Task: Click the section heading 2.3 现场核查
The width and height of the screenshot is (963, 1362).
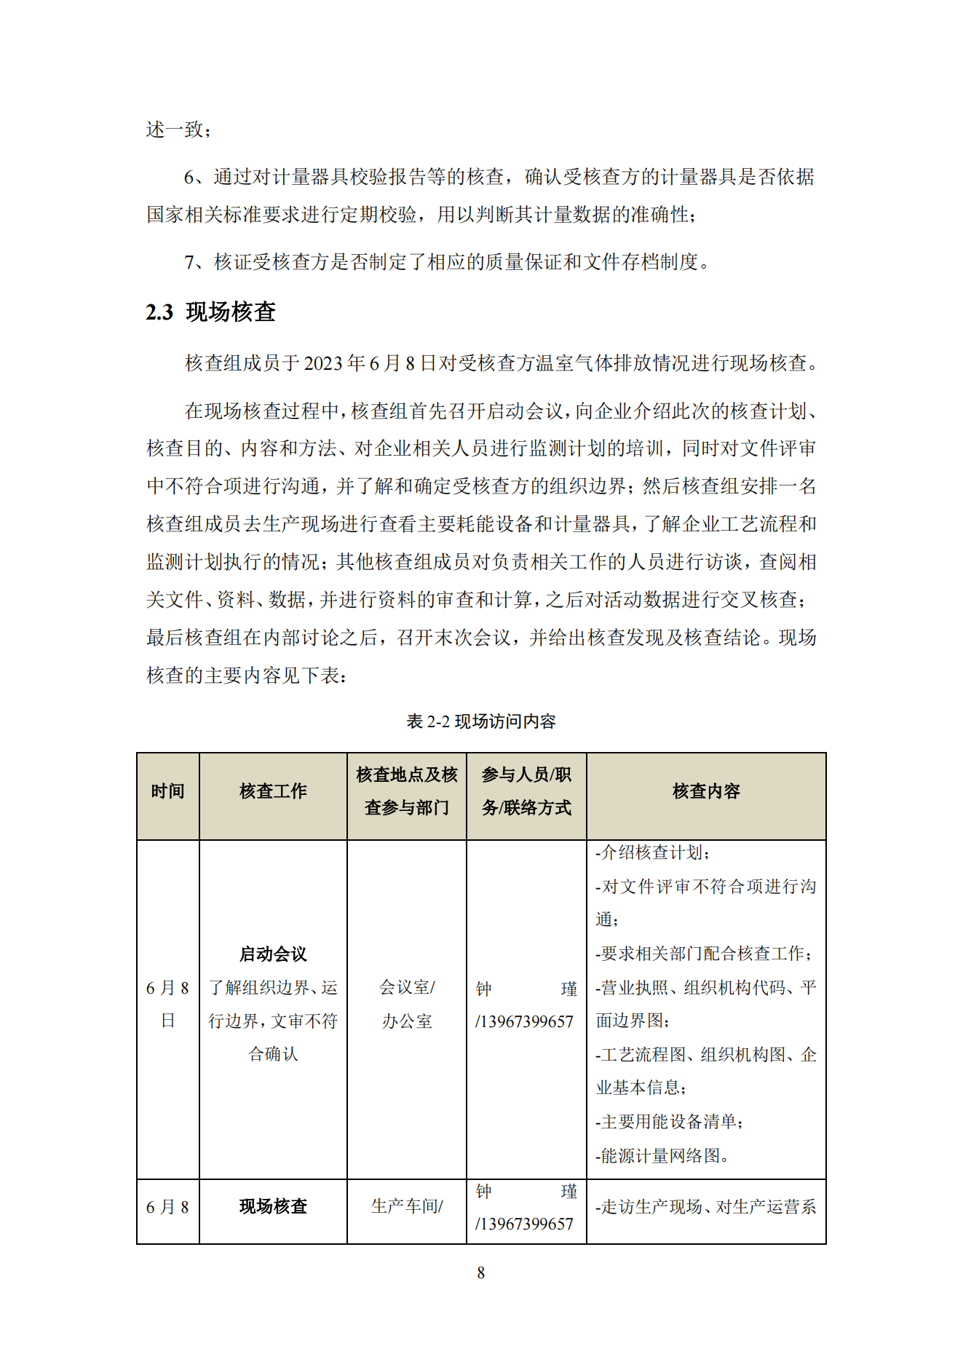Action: [x=210, y=312]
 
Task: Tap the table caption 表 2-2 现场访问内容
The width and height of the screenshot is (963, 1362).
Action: [x=480, y=721]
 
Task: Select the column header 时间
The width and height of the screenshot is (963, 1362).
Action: [x=167, y=791]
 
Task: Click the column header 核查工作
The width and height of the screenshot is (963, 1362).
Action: [x=273, y=791]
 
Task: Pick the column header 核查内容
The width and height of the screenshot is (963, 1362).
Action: [x=705, y=791]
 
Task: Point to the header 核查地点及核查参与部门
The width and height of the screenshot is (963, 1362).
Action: [x=406, y=791]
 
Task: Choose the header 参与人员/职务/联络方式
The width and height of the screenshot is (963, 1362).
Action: [x=526, y=791]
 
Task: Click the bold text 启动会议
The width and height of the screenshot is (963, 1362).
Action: [x=273, y=954]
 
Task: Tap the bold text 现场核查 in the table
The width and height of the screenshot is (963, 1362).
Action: [x=273, y=1206]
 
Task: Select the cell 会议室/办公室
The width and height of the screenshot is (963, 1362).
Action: [x=406, y=1004]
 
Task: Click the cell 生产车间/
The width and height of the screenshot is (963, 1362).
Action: [x=406, y=1206]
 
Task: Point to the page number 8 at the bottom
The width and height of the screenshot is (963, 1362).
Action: [x=480, y=1272]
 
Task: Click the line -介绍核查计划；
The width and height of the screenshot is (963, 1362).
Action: [x=652, y=852]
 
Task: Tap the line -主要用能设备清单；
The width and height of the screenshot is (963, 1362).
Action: [x=669, y=1122]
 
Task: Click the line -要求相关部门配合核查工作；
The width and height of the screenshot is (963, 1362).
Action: [x=704, y=954]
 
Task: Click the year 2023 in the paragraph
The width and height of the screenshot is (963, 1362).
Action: [x=324, y=363]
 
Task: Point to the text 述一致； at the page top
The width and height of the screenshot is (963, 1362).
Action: [x=179, y=130]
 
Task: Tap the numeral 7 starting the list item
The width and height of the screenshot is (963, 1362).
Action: [x=189, y=262]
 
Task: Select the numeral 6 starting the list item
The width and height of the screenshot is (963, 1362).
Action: [x=189, y=177]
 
